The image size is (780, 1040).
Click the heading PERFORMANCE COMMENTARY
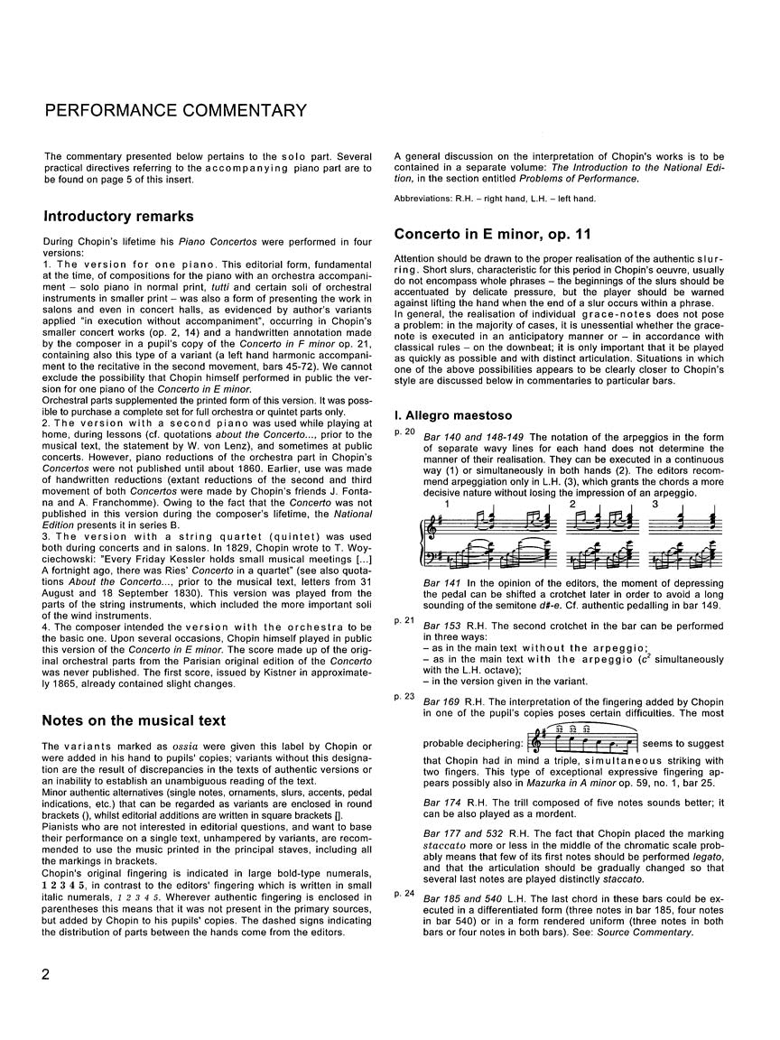[176, 111]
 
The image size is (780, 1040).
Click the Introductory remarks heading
[118, 217]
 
